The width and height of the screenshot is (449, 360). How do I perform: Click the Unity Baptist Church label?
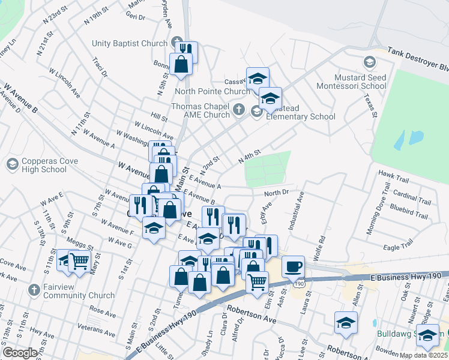tap(129, 43)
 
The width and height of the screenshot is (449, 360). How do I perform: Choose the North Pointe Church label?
tap(212, 91)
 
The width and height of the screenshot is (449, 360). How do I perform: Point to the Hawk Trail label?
tap(393, 173)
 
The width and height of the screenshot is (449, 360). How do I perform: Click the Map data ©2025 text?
tap(423, 355)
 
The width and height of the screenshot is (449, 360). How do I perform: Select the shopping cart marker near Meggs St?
tap(79, 260)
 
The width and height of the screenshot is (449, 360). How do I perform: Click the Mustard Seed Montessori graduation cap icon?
tap(369, 62)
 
